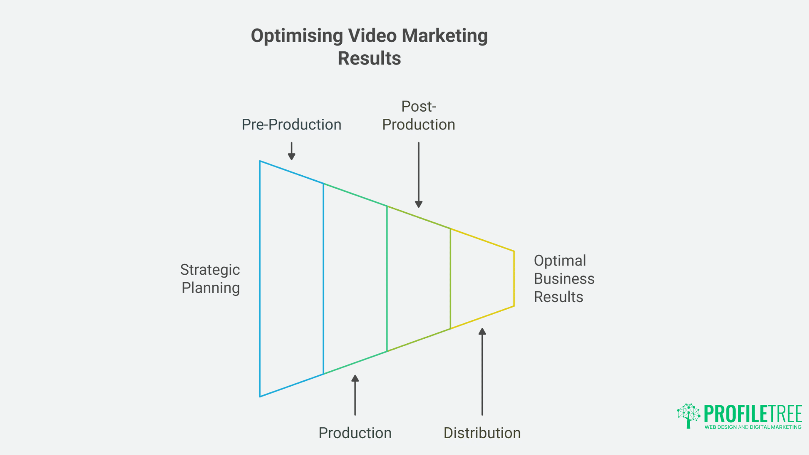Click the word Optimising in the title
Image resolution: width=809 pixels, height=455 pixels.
297,36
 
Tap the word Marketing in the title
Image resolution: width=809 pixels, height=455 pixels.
445,36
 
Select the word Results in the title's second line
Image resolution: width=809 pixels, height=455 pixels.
369,59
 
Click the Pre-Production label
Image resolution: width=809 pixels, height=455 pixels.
291,125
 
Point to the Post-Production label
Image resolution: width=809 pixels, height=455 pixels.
418,116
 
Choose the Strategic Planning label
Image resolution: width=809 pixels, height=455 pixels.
210,279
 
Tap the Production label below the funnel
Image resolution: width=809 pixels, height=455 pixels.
355,433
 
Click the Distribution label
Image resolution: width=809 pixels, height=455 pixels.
482,433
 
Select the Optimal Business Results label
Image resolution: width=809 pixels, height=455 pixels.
564,279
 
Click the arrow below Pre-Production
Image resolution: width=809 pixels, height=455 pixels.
292,151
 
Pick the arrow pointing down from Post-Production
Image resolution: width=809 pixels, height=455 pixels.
418,174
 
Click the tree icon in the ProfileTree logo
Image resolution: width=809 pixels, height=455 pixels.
688,415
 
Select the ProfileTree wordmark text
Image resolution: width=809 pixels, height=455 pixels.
753,414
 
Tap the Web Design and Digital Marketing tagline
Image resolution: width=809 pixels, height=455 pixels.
753,427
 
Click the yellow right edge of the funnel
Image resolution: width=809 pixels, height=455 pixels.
514,279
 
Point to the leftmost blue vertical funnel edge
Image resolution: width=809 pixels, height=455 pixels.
260,279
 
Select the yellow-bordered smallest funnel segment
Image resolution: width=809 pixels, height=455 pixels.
482,279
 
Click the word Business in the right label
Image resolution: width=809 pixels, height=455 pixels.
564,279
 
